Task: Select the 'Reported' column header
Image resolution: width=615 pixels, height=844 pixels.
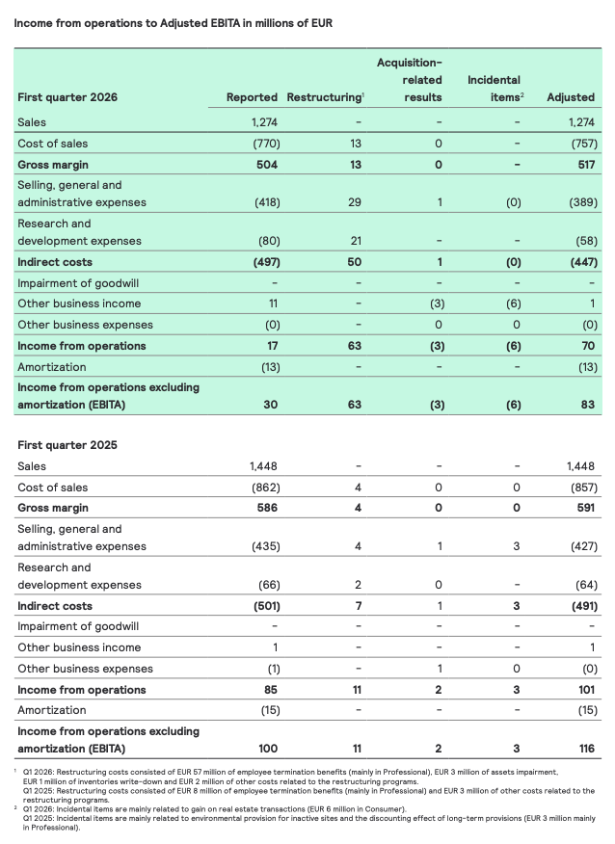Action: (252, 97)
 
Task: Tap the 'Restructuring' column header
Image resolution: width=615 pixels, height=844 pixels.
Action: (325, 97)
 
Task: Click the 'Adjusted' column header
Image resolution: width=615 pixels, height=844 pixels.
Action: (571, 97)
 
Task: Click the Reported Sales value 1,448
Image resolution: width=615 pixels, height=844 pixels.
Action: (264, 466)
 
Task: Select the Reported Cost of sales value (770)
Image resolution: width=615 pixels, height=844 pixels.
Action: (266, 144)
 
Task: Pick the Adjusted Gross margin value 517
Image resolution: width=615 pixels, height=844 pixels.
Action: (583, 164)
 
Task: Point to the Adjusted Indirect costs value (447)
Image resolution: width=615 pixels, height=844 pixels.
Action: (578, 262)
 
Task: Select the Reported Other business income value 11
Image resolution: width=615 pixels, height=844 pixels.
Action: (273, 303)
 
